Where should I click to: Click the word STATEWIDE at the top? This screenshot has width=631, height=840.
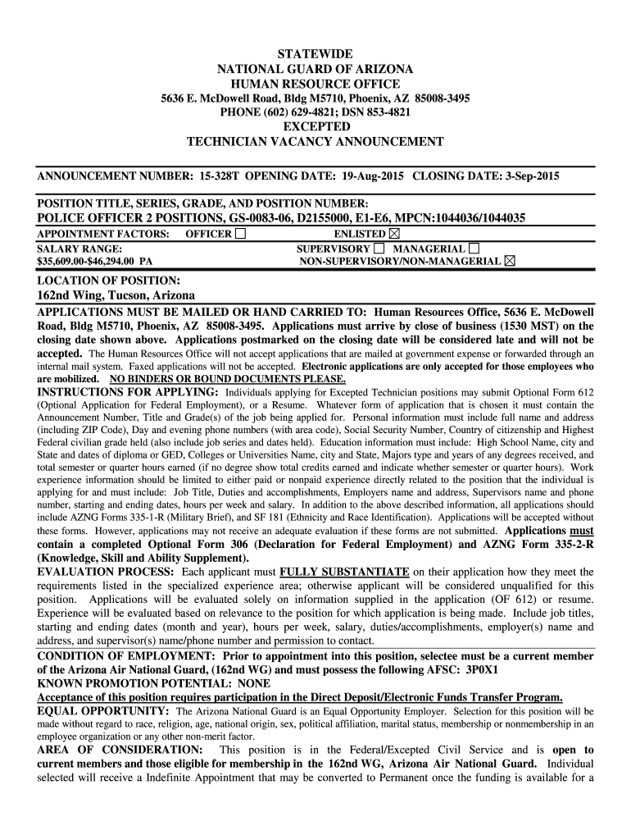pyautogui.click(x=315, y=53)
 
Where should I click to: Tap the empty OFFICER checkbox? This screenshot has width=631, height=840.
pyautogui.click(x=239, y=235)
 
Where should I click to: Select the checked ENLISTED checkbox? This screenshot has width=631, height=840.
pyautogui.click(x=393, y=235)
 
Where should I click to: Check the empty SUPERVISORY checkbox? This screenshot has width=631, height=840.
pyautogui.click(x=379, y=249)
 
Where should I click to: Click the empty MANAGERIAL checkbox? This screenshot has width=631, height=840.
pyautogui.click(x=474, y=249)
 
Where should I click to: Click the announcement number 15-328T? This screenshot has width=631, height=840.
pyautogui.click(x=216, y=176)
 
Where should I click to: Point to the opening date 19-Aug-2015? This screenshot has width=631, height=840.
pyautogui.click(x=368, y=176)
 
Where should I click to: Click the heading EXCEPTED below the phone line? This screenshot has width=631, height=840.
pyautogui.click(x=315, y=127)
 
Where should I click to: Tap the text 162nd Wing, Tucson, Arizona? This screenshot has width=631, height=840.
pyautogui.click(x=116, y=295)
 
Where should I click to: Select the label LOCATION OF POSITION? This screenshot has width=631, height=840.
pyautogui.click(x=102, y=281)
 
